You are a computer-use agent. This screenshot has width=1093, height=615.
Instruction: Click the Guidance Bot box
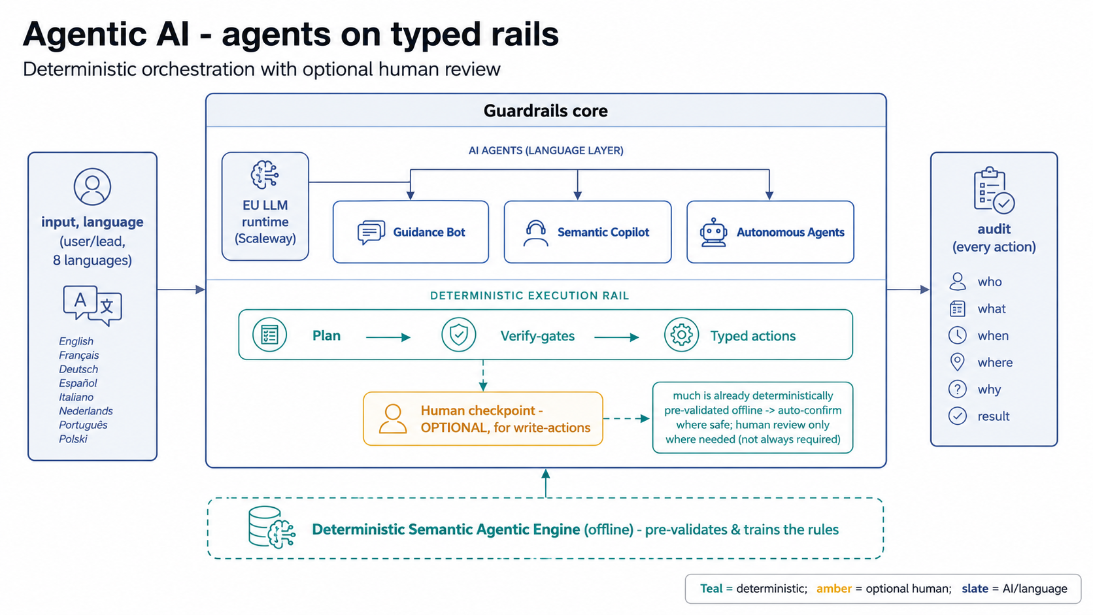click(x=411, y=231)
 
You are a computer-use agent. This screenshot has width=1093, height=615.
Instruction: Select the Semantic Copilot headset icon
click(x=535, y=233)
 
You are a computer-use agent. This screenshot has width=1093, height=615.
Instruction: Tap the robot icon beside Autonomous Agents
click(x=713, y=232)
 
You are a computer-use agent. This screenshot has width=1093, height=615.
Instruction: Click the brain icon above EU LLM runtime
click(x=265, y=175)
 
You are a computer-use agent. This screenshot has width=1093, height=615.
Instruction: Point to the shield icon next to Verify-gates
click(x=458, y=335)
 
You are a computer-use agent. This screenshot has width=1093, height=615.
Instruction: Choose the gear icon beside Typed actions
click(x=681, y=335)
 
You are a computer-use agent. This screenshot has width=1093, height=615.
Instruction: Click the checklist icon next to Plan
click(x=269, y=335)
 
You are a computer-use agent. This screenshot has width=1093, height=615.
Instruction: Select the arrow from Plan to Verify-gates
click(x=388, y=337)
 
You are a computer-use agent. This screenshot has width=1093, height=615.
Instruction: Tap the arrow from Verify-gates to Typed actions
click(x=616, y=337)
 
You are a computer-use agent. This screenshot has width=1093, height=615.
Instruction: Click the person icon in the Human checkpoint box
click(x=393, y=419)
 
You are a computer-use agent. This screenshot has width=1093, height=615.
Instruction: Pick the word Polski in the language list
click(x=73, y=439)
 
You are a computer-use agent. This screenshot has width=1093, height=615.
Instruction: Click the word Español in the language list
click(x=78, y=384)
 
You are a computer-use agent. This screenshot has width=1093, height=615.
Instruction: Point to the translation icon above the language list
click(x=92, y=305)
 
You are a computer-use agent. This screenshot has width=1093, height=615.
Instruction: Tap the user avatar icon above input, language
click(x=92, y=186)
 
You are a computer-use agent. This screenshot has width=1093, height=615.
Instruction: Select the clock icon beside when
click(x=957, y=335)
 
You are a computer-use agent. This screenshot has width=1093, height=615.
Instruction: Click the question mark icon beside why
click(x=957, y=389)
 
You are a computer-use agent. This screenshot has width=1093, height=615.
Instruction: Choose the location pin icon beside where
click(x=957, y=362)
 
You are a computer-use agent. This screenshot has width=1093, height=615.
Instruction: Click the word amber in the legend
click(x=834, y=589)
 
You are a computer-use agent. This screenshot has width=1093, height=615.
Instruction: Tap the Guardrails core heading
click(x=546, y=110)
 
